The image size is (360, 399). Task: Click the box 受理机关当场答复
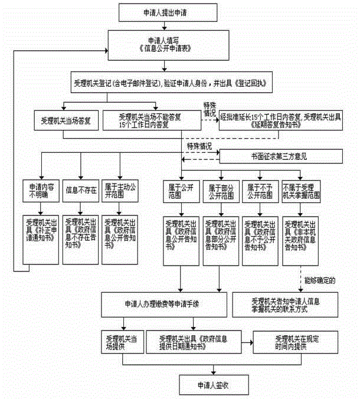click(66, 120)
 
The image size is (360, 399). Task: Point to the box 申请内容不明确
click(40, 191)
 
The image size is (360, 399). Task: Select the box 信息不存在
click(79, 191)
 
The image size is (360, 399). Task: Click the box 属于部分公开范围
click(220, 191)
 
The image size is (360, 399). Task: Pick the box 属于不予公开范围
click(260, 191)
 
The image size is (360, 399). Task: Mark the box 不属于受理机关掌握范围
click(302, 191)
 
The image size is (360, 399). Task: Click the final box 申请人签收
click(214, 384)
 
